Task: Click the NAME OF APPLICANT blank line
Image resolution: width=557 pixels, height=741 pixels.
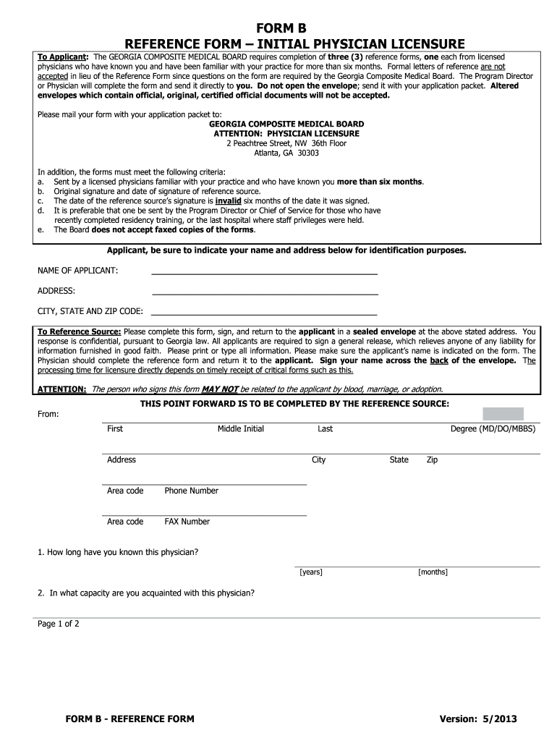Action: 264,274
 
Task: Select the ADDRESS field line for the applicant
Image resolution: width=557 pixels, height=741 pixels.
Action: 264,294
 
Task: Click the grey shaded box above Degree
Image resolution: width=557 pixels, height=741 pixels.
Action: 503,414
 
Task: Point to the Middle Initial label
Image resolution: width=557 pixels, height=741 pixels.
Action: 241,429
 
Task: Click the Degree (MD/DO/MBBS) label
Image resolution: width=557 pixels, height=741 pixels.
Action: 493,429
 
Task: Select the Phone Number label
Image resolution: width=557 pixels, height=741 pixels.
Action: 191,491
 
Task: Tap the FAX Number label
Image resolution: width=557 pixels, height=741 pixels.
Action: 187,522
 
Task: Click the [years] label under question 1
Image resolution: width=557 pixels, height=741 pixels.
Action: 311,572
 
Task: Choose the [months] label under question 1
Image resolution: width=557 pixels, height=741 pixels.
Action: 433,572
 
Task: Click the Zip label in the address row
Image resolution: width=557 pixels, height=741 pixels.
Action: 432,460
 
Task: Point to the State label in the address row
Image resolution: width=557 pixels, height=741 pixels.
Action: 399,460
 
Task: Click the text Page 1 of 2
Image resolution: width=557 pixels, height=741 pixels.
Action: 59,624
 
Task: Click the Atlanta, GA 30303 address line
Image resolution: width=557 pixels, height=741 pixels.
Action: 286,153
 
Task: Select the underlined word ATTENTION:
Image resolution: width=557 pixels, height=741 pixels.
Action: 62,389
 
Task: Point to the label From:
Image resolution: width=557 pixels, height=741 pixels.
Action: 48,414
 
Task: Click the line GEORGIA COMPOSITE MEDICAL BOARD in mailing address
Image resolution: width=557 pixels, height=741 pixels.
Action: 286,124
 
